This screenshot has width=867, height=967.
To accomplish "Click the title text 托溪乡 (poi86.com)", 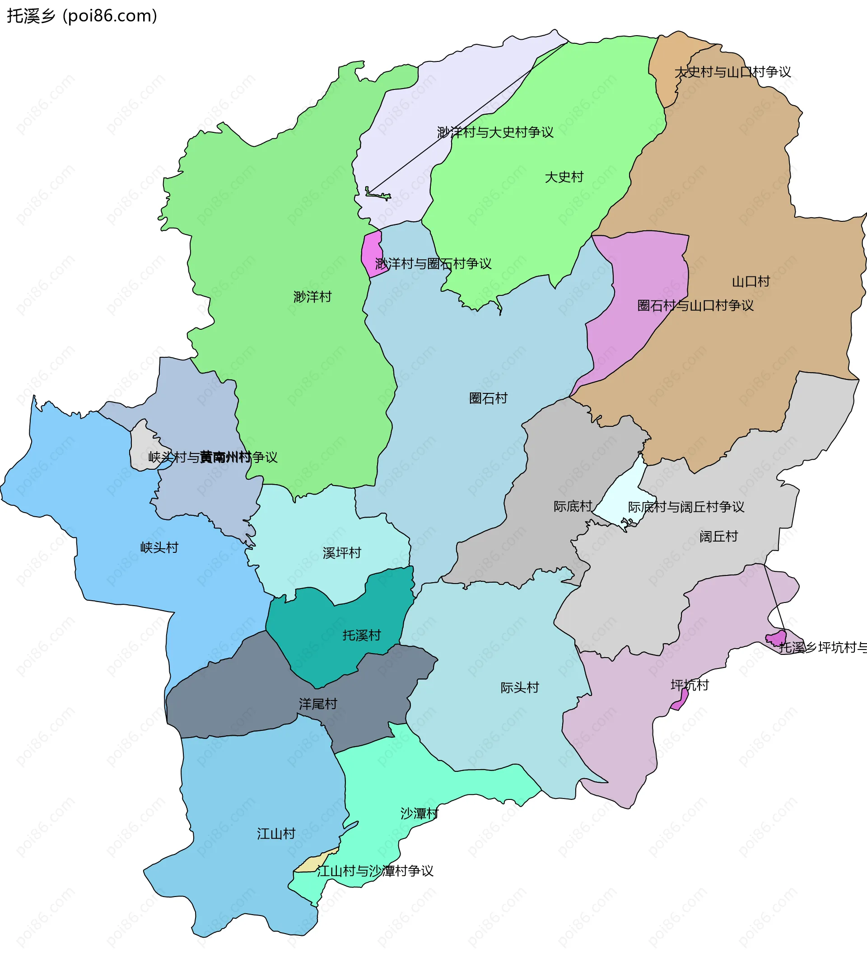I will click(82, 16).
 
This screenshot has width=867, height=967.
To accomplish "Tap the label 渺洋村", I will click(312, 297).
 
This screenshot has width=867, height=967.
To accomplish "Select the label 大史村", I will click(564, 177).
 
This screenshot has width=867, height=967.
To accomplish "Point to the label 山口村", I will click(751, 281).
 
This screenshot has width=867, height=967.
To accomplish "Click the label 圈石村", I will click(488, 398).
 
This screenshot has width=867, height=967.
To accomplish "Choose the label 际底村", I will click(573, 506).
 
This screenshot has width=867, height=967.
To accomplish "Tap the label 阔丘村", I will click(718, 537).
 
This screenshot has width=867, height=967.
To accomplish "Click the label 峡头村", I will click(159, 548).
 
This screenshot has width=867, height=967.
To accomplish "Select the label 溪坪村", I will click(341, 553).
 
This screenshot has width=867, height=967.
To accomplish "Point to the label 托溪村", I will click(362, 635).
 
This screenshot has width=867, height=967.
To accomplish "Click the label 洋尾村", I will click(318, 704).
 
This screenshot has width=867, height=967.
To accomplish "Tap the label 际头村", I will click(520, 688).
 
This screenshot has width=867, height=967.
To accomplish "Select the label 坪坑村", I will click(690, 686).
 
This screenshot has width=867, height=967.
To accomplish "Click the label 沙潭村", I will click(419, 813).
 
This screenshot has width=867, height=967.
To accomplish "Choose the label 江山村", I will click(276, 834).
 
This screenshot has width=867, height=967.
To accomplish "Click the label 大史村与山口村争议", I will click(733, 72).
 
